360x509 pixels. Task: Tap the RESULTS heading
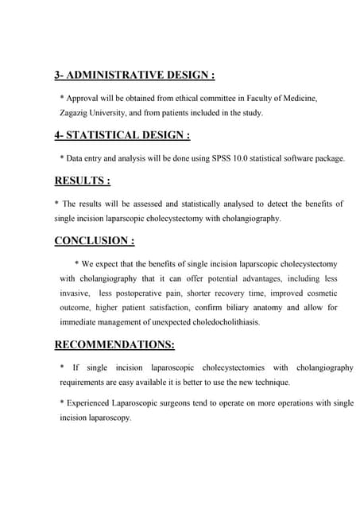(81, 181)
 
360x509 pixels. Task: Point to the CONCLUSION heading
(93, 241)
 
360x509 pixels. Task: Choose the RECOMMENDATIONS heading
(114, 345)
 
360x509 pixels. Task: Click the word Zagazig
(79, 113)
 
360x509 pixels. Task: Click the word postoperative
(141, 293)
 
